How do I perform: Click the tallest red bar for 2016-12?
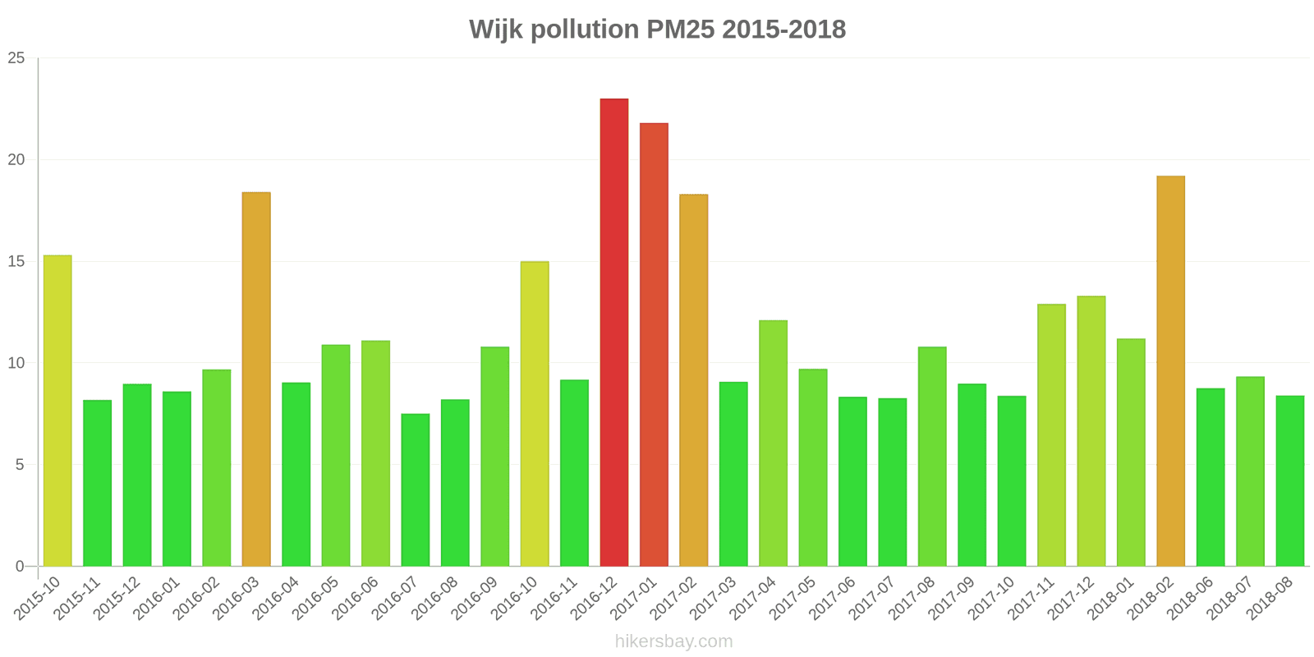click(x=614, y=333)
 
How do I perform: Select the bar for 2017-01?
click(x=654, y=345)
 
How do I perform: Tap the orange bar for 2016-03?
click(x=256, y=379)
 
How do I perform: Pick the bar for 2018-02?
click(x=1170, y=371)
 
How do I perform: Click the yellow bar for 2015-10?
click(x=57, y=411)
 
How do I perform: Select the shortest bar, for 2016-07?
click(x=416, y=490)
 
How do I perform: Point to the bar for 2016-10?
click(x=535, y=414)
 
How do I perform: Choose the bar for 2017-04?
click(x=773, y=443)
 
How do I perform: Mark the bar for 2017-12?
click(x=1091, y=431)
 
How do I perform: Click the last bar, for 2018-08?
click(x=1290, y=481)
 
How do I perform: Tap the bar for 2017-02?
click(x=694, y=380)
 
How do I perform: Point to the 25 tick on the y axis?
click(x=16, y=58)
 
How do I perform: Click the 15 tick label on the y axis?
click(x=16, y=262)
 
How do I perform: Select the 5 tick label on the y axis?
click(x=21, y=465)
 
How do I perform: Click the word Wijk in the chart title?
click(x=496, y=30)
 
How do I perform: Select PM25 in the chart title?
click(x=678, y=30)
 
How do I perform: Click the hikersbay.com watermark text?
click(x=673, y=641)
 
